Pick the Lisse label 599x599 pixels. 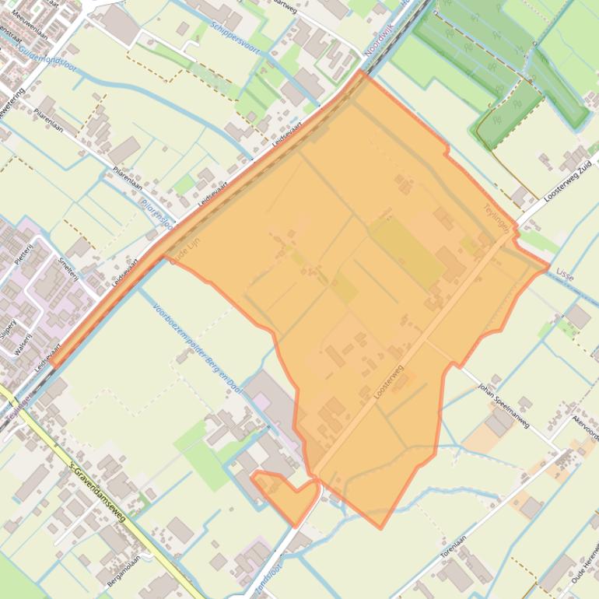pyautogui.click(x=565, y=276)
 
